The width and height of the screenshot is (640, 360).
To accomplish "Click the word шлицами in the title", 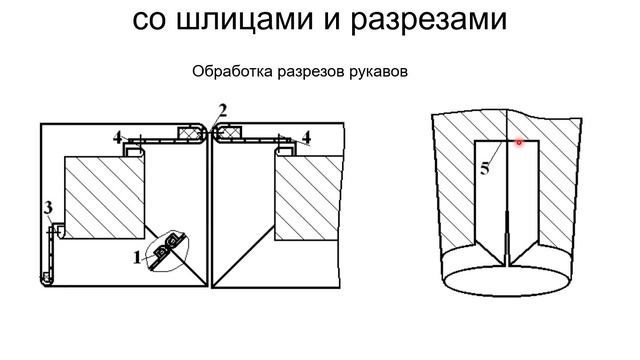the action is [244, 20].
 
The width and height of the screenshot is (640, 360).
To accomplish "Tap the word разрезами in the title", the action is [429, 21].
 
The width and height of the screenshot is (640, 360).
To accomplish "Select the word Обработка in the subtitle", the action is [233, 71].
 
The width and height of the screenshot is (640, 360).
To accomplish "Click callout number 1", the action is [137, 258].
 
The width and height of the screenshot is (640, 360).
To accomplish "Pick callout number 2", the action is [222, 110].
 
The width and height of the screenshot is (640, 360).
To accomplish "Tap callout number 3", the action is [48, 208].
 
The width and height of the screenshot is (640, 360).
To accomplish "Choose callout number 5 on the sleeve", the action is [484, 169].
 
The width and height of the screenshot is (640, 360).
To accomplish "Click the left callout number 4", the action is [118, 138].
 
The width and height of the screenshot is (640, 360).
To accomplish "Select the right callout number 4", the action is [306, 138].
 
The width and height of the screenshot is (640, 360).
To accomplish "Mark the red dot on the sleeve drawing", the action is [519, 142].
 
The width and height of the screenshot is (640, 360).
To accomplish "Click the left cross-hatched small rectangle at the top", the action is [189, 132].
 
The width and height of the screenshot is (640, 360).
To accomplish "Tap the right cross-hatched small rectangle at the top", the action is [231, 132].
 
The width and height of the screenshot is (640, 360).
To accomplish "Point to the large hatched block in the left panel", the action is [104, 198].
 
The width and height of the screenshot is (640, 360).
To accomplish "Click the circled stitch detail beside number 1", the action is [168, 251].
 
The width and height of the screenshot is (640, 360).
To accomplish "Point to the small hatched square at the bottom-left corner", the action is [46, 277].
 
